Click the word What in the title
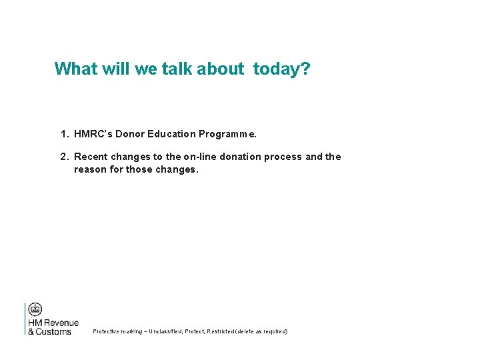click(75, 69)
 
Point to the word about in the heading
click(221, 69)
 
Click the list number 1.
click(64, 134)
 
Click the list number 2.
click(64, 157)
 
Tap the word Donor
click(131, 134)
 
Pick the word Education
click(172, 134)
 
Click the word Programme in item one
click(227, 134)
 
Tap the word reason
click(89, 169)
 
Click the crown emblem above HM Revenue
click(35, 309)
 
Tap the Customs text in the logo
click(53, 331)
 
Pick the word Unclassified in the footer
click(169, 331)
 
